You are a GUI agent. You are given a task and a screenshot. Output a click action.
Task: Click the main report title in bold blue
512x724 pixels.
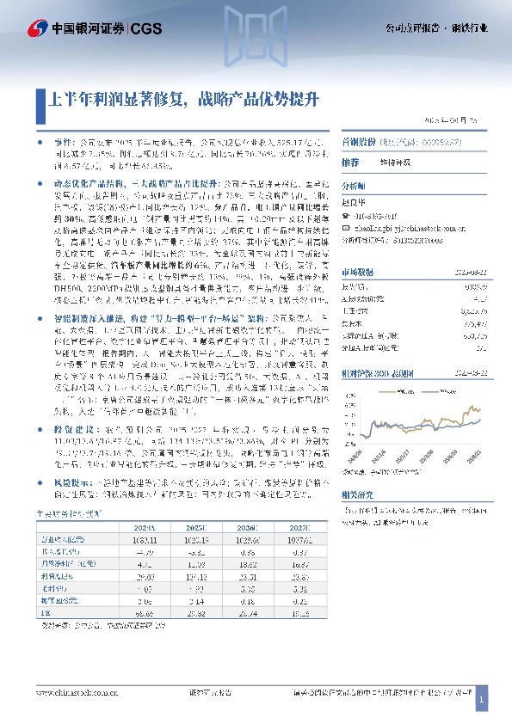tap(181, 98)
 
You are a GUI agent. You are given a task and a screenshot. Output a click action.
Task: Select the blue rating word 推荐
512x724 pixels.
tap(350, 162)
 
